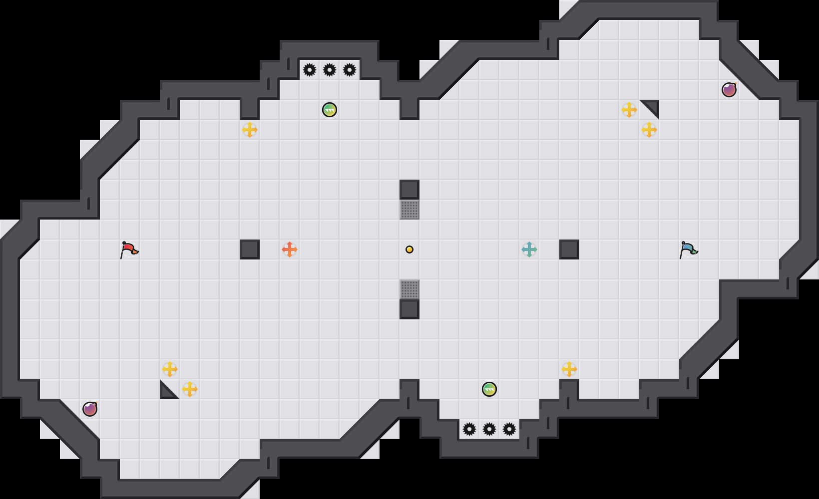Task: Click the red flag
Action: click(x=129, y=249)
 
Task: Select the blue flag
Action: click(x=688, y=249)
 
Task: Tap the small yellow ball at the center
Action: click(x=409, y=249)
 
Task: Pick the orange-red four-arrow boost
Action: click(x=290, y=249)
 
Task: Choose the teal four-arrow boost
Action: click(x=529, y=249)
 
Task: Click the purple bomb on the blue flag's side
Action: click(x=729, y=90)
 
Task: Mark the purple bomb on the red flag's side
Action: click(x=90, y=409)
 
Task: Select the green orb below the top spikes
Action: click(x=330, y=110)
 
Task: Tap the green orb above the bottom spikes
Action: click(x=489, y=389)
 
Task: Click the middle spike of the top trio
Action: click(x=330, y=70)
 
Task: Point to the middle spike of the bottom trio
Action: click(x=489, y=429)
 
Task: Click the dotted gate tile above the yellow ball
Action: click(x=409, y=210)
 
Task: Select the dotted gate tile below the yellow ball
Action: click(x=409, y=289)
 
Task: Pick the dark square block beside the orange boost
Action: click(x=250, y=249)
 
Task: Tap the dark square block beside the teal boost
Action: click(x=569, y=249)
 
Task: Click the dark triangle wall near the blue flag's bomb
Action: click(x=653, y=106)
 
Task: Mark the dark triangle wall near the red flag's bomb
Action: click(x=166, y=393)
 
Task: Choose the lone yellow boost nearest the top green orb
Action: click(x=250, y=130)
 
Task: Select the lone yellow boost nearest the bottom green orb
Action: click(x=569, y=369)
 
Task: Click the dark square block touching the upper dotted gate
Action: click(x=409, y=190)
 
